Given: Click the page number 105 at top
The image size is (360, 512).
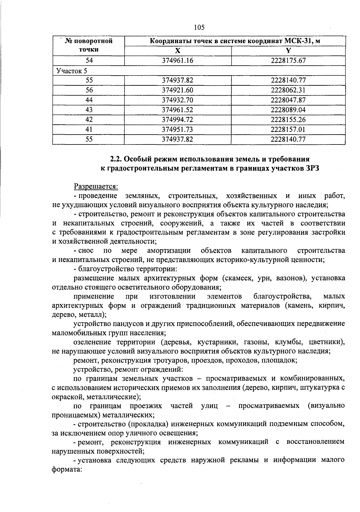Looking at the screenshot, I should click(199, 28).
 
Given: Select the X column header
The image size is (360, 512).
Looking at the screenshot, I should click(178, 51).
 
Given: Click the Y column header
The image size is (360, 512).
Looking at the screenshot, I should click(288, 51).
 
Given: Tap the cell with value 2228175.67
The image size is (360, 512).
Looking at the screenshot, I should click(288, 61).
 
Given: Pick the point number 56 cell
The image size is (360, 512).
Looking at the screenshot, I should click(89, 90).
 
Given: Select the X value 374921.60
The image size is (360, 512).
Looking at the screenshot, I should click(178, 90).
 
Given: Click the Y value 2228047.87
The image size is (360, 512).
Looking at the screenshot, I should click(288, 100).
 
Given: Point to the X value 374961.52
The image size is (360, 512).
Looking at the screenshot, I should click(178, 110).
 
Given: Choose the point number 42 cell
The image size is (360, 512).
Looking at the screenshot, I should click(89, 120).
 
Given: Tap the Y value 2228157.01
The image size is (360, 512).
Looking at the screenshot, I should click(288, 129).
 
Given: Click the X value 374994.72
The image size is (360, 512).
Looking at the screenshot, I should click(178, 120).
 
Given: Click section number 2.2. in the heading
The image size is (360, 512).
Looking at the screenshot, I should click(115, 159).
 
